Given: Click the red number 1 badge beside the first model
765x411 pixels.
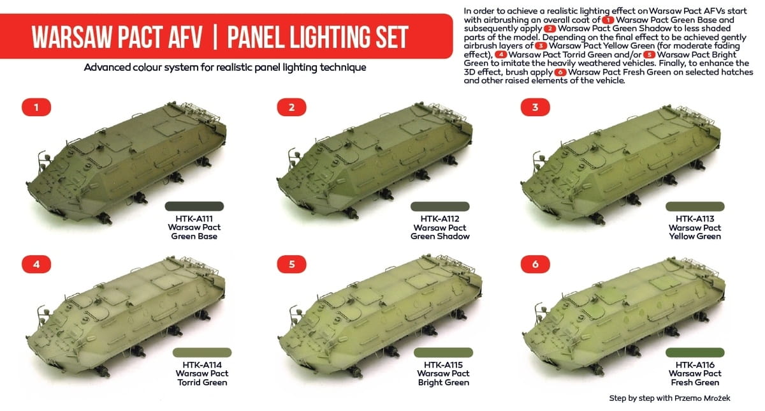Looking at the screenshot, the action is click(36, 107).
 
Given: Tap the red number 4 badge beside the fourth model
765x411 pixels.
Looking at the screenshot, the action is click(36, 264).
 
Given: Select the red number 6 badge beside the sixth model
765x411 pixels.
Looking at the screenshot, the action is click(535, 264).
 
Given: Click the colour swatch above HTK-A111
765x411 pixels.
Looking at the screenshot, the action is click(194, 206).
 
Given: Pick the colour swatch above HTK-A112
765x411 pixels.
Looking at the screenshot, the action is click(440, 206).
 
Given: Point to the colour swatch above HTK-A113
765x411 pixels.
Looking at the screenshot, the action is click(695, 206).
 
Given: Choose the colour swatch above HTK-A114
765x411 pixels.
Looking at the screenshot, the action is click(202, 352).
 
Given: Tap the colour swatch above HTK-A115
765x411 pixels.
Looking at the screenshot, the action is click(443, 352).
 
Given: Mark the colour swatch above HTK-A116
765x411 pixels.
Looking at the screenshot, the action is click(695, 352).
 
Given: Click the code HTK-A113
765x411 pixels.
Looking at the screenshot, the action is click(695, 219).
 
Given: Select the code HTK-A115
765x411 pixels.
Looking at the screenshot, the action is click(443, 365).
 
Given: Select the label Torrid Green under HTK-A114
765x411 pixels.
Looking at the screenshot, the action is click(202, 382).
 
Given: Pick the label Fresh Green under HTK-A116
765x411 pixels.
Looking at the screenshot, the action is click(695, 382).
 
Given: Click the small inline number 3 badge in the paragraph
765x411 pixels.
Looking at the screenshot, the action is click(541, 46).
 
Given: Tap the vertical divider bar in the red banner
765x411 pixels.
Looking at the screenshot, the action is click(215, 36).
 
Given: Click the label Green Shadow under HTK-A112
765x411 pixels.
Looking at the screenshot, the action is click(440, 236).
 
